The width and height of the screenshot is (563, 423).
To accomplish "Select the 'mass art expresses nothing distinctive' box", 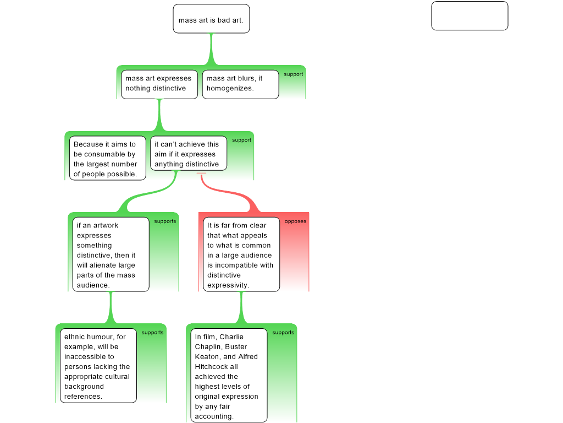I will tap(159, 84).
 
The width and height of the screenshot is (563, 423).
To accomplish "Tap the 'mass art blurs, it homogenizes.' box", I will tap(240, 84).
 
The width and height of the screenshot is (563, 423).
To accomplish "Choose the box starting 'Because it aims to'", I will tap(108, 158).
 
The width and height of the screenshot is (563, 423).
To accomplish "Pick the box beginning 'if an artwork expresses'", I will tap(111, 254).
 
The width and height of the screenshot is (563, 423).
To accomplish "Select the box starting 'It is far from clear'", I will tap(241, 254).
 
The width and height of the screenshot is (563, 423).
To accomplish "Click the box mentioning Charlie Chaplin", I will tap(229, 376).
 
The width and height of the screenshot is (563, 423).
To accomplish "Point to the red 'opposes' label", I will tap(295, 221).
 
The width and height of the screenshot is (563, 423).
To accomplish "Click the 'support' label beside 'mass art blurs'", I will tap(293, 74).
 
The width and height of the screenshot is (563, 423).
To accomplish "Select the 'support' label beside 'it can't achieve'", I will tap(241, 140).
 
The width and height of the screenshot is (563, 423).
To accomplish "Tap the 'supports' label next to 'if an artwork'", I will tap(165, 221).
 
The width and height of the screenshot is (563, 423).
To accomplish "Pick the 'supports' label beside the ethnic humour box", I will tap(152, 333).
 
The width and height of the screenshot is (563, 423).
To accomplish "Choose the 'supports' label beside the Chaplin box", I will tap(283, 333).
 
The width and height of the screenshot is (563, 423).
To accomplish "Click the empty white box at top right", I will tap(470, 16).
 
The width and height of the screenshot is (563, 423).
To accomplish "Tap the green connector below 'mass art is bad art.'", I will tap(211, 50).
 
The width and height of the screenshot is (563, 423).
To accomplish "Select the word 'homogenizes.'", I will tap(230, 88).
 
